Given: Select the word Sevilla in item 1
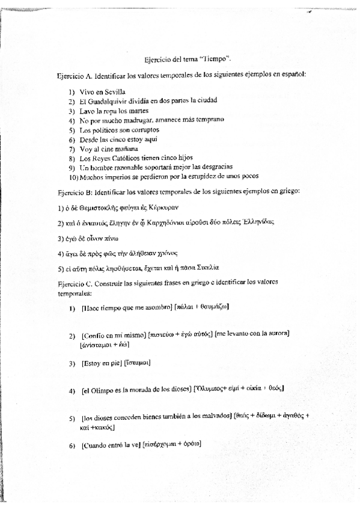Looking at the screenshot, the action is pyautogui.click(x=113, y=91).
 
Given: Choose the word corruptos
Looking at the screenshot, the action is pyautogui.click(x=144, y=130).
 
